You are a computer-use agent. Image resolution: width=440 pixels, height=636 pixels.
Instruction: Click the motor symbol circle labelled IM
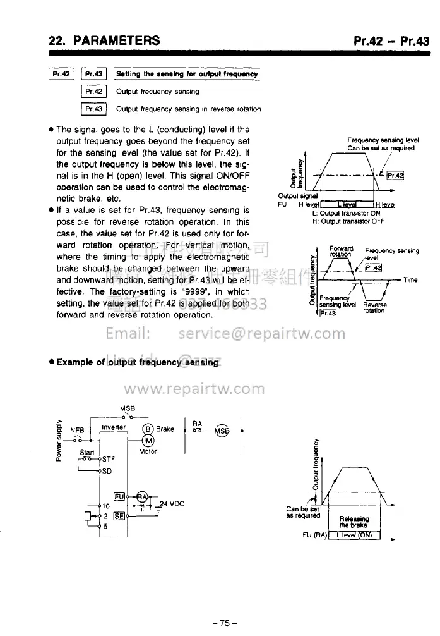(x=148, y=441)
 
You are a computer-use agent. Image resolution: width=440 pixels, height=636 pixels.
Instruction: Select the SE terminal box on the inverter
(x=118, y=515)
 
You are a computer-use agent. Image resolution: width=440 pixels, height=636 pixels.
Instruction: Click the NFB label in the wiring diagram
(x=78, y=429)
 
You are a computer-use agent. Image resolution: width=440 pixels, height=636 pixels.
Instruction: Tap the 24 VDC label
(x=169, y=504)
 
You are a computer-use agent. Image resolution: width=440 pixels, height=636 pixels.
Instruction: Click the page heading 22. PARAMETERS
(x=104, y=42)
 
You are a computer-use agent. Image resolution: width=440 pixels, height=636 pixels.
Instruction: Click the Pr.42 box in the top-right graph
(x=395, y=176)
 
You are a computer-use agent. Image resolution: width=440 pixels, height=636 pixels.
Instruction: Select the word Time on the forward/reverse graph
(x=410, y=279)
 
